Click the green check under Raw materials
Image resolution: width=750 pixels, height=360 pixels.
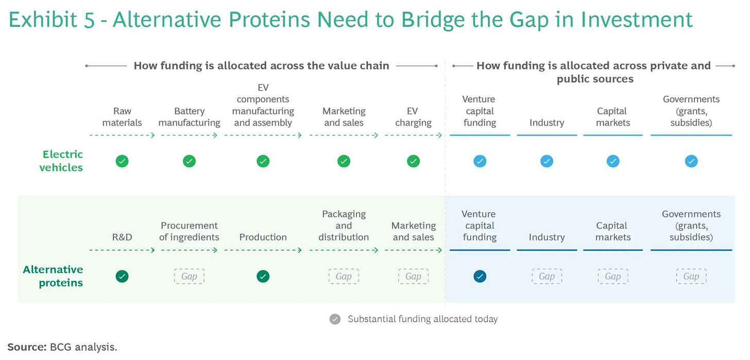point(122,161)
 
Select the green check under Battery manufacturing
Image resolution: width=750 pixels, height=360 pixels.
point(189,161)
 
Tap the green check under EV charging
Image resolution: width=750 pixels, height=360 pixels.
point(413,161)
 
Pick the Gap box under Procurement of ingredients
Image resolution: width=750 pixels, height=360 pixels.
point(189,276)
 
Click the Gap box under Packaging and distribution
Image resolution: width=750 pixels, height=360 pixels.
point(344,276)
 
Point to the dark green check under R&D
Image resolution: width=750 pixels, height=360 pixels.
point(122,276)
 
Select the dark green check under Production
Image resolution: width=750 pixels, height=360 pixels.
point(263,276)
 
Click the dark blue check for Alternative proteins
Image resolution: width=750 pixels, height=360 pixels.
point(480,276)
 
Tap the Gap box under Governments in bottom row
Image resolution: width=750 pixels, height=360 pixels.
point(691,276)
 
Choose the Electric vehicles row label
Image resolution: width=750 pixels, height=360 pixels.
point(61,161)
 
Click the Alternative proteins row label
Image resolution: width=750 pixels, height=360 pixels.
point(53,276)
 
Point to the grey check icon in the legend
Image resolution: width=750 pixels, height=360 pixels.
point(335,319)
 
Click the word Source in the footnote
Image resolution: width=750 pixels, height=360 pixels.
point(26,347)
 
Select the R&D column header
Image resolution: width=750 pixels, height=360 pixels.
point(122,237)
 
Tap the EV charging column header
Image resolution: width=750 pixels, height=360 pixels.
point(413,117)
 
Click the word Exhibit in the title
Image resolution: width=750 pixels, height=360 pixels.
point(43,20)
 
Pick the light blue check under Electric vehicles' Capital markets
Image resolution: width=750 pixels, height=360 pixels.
point(613,161)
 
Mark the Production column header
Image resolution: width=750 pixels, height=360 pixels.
point(263,237)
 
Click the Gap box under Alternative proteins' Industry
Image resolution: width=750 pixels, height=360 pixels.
point(547,276)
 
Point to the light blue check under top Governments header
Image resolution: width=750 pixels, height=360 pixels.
point(691,161)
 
